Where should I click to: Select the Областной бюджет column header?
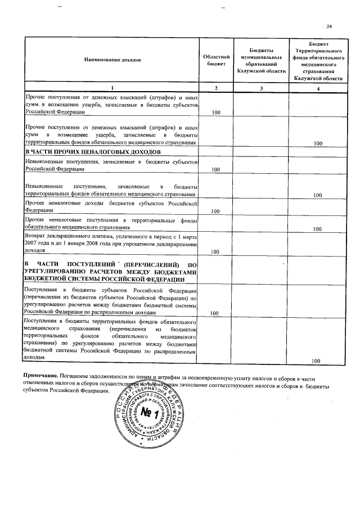pyautogui.click(x=216, y=60)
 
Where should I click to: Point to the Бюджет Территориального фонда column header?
pyautogui.click(x=319, y=60)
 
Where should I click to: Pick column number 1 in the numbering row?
pyautogui.click(x=111, y=88)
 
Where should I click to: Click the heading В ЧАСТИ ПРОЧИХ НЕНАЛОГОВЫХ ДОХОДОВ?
pyautogui.click(x=93, y=152)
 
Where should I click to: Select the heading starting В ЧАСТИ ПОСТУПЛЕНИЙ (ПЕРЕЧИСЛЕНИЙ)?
pyautogui.click(x=111, y=272)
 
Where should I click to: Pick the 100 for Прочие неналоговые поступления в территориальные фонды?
pyautogui.click(x=317, y=229)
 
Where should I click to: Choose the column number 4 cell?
pyautogui.click(x=319, y=88)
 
